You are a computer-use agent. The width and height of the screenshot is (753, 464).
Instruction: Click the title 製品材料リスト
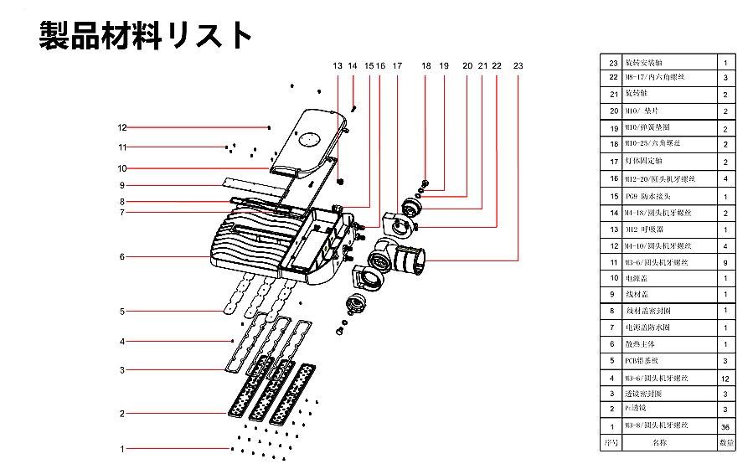[x=146, y=35]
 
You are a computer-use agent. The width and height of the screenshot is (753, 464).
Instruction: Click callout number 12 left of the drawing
[x=121, y=128]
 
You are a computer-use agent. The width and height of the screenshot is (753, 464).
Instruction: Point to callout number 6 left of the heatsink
[x=121, y=257]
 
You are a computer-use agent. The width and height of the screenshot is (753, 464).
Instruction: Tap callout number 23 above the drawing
[x=518, y=65]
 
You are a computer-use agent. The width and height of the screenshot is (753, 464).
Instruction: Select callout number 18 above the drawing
[x=426, y=65]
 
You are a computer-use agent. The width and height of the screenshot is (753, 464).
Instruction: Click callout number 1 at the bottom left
[x=121, y=449]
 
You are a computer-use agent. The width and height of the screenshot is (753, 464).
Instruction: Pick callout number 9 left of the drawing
[x=121, y=185]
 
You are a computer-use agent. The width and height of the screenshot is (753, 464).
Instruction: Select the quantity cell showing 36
[x=725, y=427]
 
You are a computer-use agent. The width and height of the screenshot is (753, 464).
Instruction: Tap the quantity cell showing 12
[x=725, y=379]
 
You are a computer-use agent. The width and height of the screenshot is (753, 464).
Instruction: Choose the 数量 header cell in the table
[x=726, y=442]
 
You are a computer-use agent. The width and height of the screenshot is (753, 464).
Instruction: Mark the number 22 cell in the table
[x=612, y=77]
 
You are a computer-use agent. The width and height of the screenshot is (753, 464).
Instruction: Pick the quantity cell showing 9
[x=725, y=262]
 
